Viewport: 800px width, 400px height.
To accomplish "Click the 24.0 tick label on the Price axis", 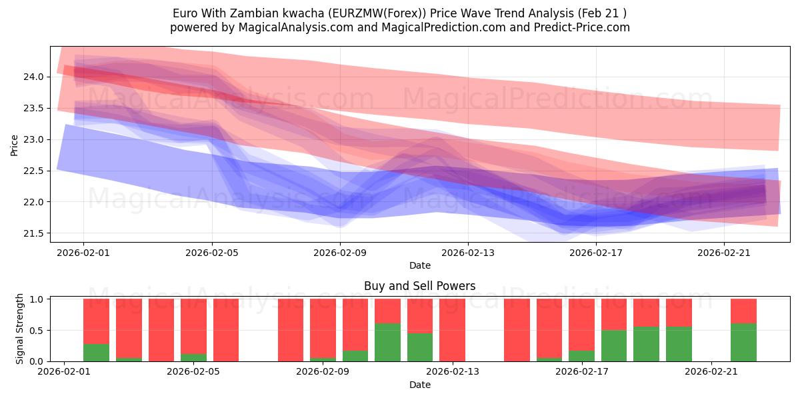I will [x=34, y=77].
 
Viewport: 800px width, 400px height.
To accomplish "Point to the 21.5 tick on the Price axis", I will [x=34, y=233].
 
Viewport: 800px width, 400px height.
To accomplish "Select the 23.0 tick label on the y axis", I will [x=34, y=139].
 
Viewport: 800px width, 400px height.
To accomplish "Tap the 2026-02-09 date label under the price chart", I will [x=340, y=253].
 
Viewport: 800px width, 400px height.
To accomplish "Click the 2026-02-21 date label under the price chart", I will [x=724, y=253].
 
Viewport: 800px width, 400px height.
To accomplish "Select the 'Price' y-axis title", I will [x=15, y=145].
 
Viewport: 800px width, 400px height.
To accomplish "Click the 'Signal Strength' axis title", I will [x=20, y=329].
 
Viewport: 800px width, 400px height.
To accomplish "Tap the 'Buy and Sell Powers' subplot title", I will [x=419, y=286].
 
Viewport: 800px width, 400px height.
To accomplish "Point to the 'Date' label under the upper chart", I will [x=419, y=265].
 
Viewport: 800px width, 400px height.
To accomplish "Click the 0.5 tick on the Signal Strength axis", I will [x=38, y=330].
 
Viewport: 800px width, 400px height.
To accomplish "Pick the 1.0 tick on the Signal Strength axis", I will [x=38, y=299].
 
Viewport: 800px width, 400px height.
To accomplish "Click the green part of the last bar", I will [x=743, y=343].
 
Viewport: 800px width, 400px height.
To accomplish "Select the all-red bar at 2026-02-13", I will [x=452, y=330].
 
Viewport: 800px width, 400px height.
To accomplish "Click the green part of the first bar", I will [x=96, y=353].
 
